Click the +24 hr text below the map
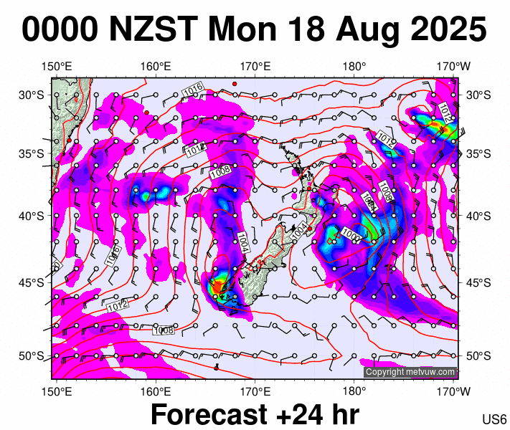[318, 415]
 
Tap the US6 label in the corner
[495, 419]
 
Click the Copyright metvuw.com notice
[410, 372]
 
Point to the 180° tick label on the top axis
[354, 67]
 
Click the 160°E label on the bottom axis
[156, 391]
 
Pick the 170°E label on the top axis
[255, 67]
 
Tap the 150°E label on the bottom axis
[57, 391]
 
